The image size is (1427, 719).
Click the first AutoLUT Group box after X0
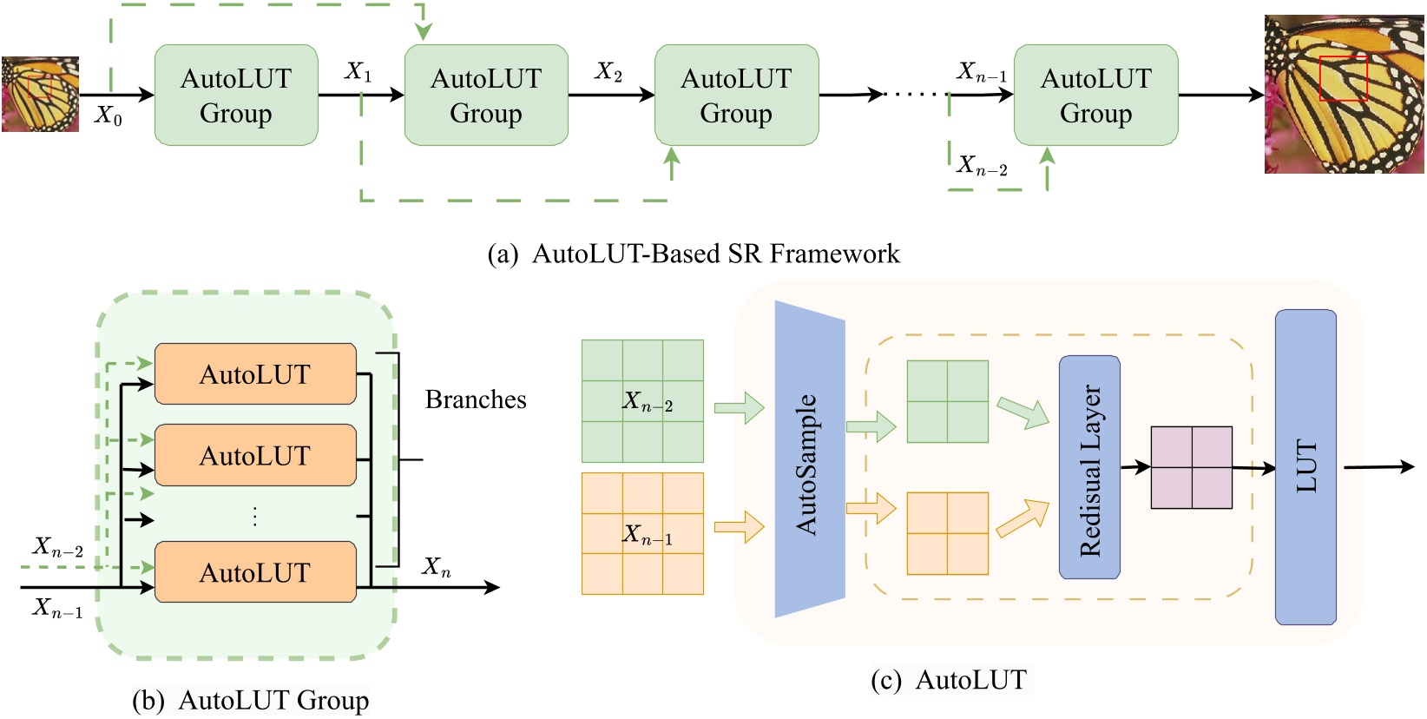pos(235,96)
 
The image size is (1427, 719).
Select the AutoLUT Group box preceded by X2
pos(735,96)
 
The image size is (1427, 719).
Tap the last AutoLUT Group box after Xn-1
pos(1095,96)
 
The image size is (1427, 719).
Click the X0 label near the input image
pos(109,115)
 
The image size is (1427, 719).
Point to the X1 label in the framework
pos(358,71)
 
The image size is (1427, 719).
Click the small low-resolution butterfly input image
pos(40,94)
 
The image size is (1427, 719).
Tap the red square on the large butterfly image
pos(1343,79)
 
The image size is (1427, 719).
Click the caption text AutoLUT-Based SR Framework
pos(715,254)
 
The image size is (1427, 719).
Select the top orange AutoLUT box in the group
pos(255,374)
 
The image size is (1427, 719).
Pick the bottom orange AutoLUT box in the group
pos(255,572)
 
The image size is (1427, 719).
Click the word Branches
pos(476,399)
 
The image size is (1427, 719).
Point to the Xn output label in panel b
pos(436,568)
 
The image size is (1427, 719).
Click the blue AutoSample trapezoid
pos(809,460)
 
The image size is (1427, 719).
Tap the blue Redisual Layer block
pos(1089,467)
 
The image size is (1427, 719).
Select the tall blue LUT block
pos(1305,467)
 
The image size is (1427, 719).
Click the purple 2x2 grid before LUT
pos(1191,467)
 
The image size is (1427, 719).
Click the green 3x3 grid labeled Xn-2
pos(642,400)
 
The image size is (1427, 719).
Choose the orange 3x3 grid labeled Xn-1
pos(642,533)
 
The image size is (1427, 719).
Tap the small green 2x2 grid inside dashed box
pos(947,401)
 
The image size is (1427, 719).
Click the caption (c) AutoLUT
pos(949,680)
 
